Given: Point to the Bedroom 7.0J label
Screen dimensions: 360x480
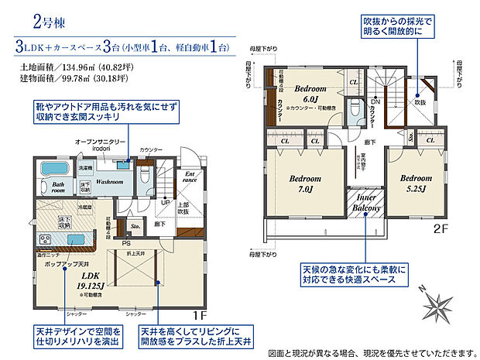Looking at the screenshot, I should (305, 183).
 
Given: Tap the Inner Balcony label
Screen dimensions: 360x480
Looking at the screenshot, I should (366, 204).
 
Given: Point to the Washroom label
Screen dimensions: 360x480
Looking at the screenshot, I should (111, 183).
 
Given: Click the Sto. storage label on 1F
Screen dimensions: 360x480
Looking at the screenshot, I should (135, 228).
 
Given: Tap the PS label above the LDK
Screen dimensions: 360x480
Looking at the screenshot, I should (125, 243).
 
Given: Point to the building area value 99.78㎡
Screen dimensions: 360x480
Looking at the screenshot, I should (85, 78).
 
